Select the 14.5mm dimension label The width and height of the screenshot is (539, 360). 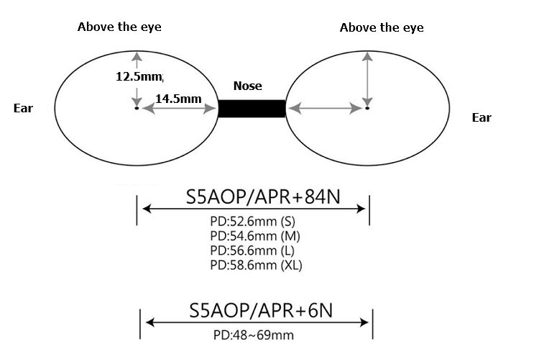178,98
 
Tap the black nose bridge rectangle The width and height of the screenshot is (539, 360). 252,109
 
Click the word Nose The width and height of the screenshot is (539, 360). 248,86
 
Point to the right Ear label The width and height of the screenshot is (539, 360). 482,117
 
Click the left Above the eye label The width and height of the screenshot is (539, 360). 119,27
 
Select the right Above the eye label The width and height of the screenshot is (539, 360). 382,27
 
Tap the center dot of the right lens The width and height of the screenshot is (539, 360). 367,109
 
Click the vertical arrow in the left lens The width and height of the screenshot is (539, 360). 134,79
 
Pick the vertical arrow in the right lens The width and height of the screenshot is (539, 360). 367,79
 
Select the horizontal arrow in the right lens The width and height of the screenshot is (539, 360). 325,109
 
